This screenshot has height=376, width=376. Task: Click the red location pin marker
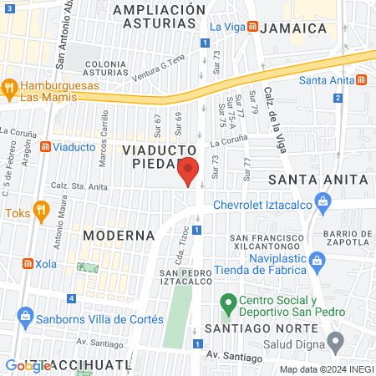pos(188,171)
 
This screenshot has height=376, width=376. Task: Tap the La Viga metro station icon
pos(252,27)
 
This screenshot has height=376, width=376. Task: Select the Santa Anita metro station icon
pos(361,80)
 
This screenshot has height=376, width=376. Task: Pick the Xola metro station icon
pos(28,263)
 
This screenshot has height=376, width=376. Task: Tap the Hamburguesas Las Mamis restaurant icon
pos(9,86)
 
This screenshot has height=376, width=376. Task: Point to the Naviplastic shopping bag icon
pos(317,261)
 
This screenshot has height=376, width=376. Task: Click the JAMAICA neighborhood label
pos(292,28)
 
